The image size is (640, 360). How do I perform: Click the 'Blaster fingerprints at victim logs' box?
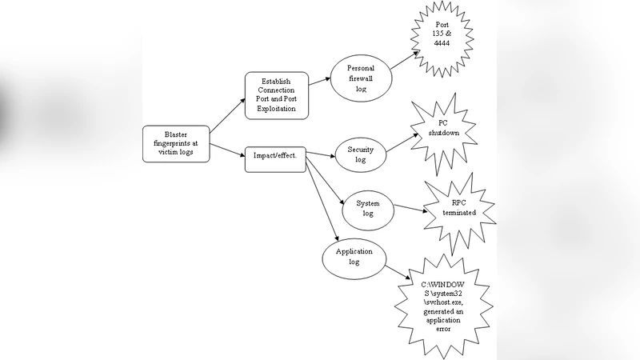click(176, 144)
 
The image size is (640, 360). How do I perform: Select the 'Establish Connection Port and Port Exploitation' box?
click(275, 94)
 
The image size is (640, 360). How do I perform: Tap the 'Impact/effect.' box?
click(274, 155)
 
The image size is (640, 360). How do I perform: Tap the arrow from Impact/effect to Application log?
click(320, 200)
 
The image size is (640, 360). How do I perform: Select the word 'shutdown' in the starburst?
click(448, 134)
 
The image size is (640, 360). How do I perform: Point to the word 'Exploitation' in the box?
click(275, 108)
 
